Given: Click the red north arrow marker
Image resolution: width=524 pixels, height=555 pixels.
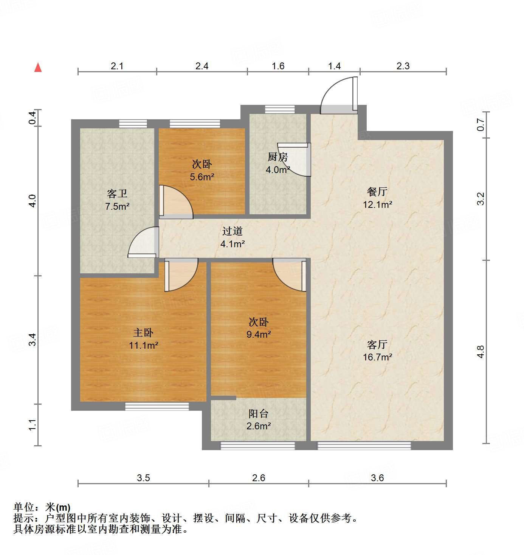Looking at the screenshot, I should pyautogui.click(x=38, y=67).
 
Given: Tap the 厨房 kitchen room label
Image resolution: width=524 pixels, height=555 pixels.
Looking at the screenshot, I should pyautogui.click(x=278, y=156).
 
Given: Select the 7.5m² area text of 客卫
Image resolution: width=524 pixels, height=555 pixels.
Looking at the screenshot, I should pyautogui.click(x=117, y=207).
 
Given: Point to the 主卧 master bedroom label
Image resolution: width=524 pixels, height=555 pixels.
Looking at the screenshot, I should pyautogui.click(x=143, y=333).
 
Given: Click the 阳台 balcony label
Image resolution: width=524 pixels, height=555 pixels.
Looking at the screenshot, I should pyautogui.click(x=259, y=414).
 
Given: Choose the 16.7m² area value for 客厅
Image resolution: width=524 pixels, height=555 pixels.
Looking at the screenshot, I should pyautogui.click(x=377, y=357).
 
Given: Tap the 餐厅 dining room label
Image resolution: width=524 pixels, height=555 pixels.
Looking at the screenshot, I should pyautogui.click(x=377, y=192).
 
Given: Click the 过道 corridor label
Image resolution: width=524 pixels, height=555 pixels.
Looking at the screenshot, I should pyautogui.click(x=232, y=231).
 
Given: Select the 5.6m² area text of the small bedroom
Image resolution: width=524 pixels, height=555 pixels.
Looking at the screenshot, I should pyautogui.click(x=202, y=177).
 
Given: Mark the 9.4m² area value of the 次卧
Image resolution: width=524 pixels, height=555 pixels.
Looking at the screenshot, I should pyautogui.click(x=259, y=334).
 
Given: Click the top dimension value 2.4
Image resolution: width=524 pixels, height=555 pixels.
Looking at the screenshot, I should pyautogui.click(x=202, y=66).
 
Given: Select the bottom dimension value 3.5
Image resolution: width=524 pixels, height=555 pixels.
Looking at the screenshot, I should pyautogui.click(x=143, y=478).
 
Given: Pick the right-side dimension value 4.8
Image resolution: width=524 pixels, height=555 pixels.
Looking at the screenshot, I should pyautogui.click(x=481, y=352).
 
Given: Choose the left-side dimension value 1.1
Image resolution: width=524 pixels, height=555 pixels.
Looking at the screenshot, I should pyautogui.click(x=33, y=424).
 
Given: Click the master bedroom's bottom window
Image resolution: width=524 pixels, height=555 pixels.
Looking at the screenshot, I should pyautogui.click(x=157, y=407).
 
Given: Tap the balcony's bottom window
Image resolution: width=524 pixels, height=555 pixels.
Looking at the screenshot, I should pyautogui.click(x=257, y=446).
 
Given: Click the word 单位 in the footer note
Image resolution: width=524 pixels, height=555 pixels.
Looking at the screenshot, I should pyautogui.click(x=24, y=507).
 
